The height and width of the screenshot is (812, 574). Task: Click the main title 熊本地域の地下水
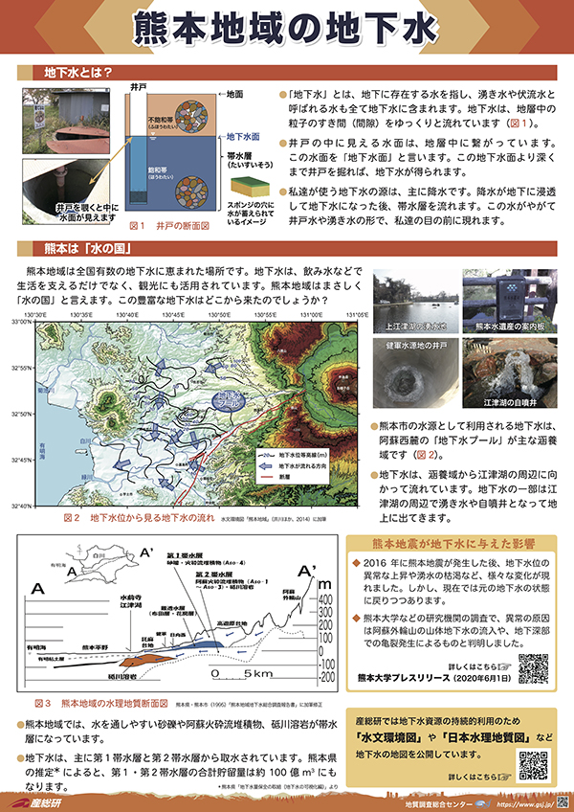click(287, 29)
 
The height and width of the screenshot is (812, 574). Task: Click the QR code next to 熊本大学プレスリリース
click(533, 669)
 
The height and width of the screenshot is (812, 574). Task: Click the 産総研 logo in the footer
click(40, 800)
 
